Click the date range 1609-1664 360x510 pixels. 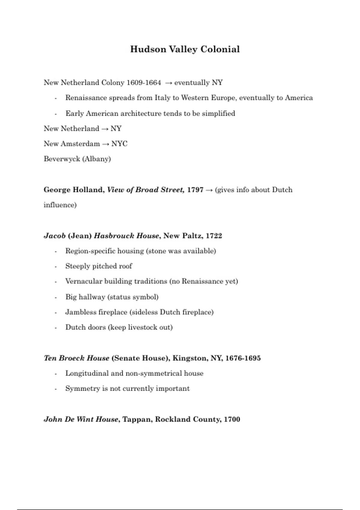144,82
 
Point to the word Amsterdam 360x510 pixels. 80,144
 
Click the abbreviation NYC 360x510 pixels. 119,144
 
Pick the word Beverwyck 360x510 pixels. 62,159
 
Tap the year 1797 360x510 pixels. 195,190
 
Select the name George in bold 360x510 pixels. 57,190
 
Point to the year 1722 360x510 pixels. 214,236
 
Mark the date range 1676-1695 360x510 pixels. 243,358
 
